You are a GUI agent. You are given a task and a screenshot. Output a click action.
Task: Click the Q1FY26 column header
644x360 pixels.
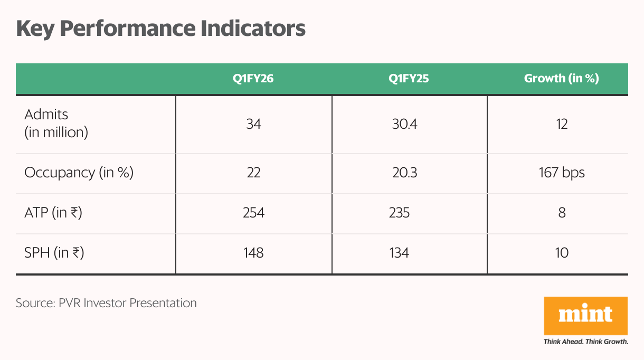(x=253, y=79)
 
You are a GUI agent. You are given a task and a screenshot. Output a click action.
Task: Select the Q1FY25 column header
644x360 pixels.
(x=409, y=79)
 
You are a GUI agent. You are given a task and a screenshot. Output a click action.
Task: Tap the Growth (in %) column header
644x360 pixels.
(x=561, y=79)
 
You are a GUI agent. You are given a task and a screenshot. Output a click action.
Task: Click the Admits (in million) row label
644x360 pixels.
(x=56, y=123)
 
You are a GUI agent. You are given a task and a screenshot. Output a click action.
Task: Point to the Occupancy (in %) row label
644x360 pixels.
(x=79, y=173)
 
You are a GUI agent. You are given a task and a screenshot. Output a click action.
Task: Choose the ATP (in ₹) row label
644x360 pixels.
(x=53, y=213)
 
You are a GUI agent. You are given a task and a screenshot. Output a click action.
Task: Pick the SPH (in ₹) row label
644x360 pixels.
(x=54, y=253)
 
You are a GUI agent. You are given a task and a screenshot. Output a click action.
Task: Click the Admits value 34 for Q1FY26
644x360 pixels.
(x=253, y=124)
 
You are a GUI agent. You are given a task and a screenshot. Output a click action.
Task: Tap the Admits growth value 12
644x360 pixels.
(x=562, y=124)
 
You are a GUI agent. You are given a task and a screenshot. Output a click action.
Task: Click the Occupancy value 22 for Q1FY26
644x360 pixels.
(x=253, y=173)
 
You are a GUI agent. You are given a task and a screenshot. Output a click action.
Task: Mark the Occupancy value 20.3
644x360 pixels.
(x=404, y=173)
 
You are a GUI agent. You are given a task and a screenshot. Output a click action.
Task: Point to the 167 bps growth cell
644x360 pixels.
(x=562, y=173)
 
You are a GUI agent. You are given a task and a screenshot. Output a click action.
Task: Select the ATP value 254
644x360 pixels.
(x=253, y=213)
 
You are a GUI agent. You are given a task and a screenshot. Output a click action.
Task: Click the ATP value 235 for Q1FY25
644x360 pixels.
(x=399, y=213)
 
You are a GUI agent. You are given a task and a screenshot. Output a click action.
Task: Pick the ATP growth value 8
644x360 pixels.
(x=562, y=213)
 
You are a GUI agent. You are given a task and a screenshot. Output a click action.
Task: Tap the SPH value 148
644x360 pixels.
(x=253, y=253)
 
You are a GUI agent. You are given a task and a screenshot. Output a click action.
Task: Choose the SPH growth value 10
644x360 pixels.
(x=562, y=253)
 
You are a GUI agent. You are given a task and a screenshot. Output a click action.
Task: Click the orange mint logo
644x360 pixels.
(x=585, y=315)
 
